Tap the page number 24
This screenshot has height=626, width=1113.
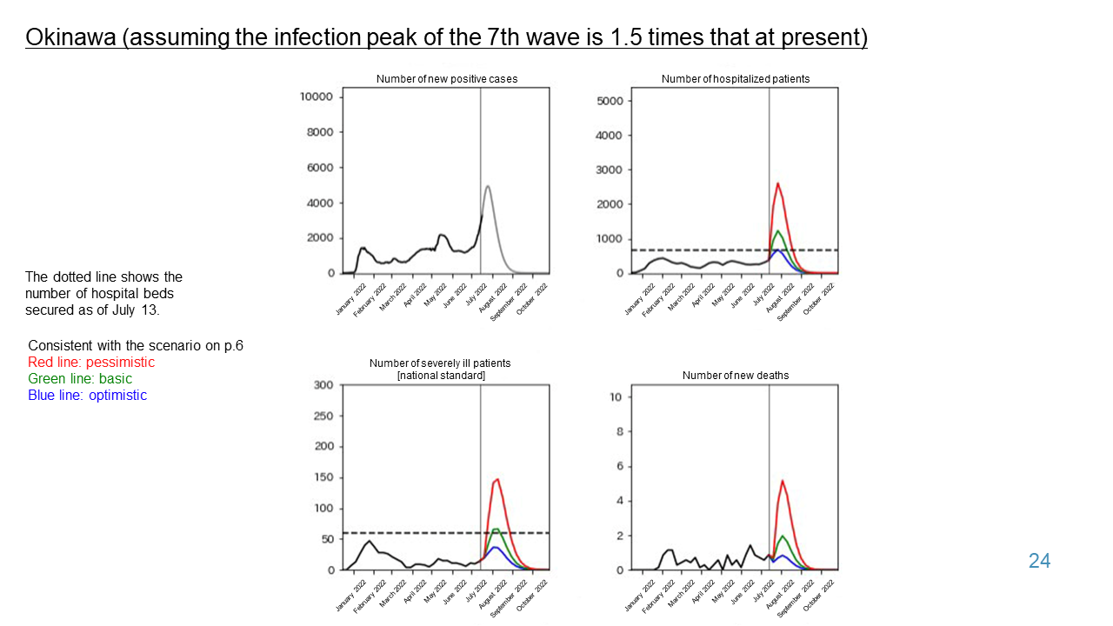click(x=1039, y=561)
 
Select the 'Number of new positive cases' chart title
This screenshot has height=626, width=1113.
click(x=446, y=79)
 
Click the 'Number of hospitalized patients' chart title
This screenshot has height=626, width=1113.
click(x=735, y=79)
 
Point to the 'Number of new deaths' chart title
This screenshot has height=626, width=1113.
click(x=735, y=376)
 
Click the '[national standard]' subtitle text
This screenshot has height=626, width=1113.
click(x=440, y=376)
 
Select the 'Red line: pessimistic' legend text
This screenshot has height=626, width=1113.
click(x=91, y=362)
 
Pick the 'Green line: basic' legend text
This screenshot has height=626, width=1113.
click(x=80, y=378)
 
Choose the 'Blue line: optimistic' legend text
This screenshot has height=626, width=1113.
click(x=87, y=395)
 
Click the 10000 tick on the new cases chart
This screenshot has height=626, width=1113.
click(x=317, y=97)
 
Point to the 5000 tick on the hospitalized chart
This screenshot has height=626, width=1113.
click(x=609, y=101)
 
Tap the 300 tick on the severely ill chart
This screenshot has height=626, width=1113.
click(x=323, y=385)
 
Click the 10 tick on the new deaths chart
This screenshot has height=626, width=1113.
click(x=614, y=397)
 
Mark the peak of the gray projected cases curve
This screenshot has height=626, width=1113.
click(x=488, y=186)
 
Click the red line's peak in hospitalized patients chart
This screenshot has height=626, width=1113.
click(x=777, y=183)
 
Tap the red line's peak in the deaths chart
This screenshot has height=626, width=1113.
click(x=783, y=481)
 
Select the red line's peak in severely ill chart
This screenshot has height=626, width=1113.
click(x=497, y=478)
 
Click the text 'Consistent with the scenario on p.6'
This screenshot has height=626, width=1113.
click(x=136, y=345)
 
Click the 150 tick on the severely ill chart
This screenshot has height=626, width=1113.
click(x=323, y=477)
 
